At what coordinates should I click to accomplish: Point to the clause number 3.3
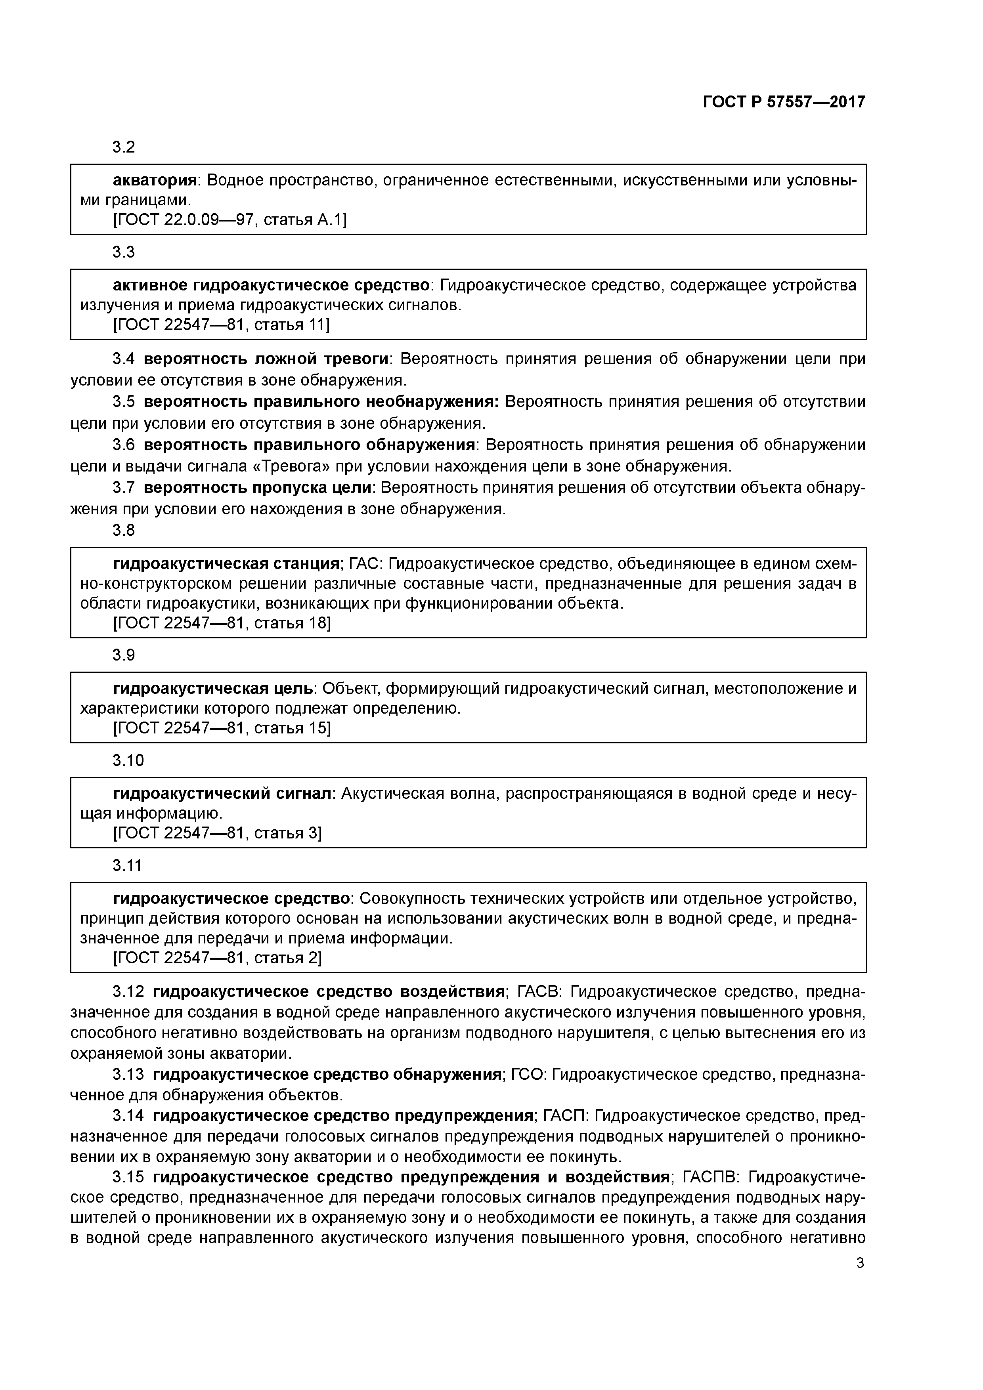[x=124, y=252]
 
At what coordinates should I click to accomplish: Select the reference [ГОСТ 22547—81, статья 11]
[x=222, y=325]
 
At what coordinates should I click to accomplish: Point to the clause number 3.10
[x=128, y=760]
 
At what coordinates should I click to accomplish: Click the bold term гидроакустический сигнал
[x=223, y=794]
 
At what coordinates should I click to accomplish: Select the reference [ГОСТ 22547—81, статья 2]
[x=218, y=958]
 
